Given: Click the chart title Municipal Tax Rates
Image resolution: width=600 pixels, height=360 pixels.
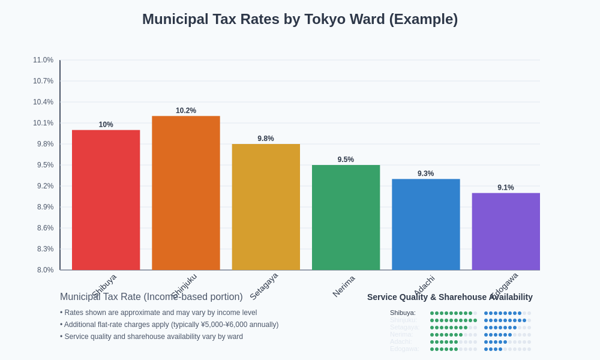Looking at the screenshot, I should click(300, 19).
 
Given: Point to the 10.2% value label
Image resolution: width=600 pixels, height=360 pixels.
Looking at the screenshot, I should click(186, 110).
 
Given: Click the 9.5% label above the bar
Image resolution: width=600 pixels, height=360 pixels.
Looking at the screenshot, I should click(346, 160).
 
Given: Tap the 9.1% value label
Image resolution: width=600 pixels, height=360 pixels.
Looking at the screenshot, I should click(506, 188).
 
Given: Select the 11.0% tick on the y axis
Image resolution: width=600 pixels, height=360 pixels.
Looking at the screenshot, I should click(43, 60).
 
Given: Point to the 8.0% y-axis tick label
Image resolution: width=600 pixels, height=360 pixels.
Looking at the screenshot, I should click(45, 270).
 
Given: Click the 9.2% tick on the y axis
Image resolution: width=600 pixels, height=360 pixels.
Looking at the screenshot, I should click(45, 186).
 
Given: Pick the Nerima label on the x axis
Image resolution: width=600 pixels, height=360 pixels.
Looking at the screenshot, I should click(344, 286).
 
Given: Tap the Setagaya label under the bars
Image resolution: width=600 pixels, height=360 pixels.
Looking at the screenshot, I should click(264, 286).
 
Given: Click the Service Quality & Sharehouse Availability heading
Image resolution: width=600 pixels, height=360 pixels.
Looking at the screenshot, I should click(450, 297).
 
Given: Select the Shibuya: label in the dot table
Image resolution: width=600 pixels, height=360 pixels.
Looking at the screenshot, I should click(403, 313).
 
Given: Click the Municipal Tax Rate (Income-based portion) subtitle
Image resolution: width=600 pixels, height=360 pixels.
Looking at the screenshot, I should click(151, 297).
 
